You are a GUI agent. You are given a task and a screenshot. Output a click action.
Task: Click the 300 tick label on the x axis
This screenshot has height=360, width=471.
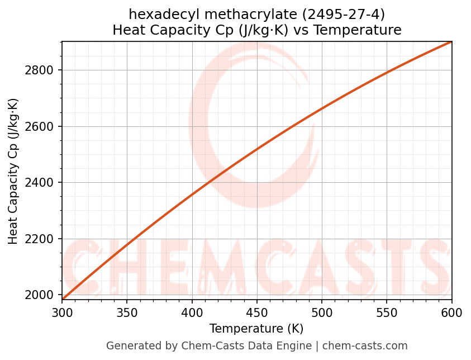[62, 314]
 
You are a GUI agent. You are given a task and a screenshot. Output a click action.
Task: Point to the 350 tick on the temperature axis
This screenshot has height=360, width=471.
[127, 314]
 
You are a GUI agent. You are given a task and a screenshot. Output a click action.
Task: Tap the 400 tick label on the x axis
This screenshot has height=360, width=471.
[192, 314]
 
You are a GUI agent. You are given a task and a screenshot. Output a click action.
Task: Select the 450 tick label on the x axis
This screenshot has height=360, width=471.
[257, 314]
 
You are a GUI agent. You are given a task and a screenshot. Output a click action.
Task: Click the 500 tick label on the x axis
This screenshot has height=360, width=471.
[322, 314]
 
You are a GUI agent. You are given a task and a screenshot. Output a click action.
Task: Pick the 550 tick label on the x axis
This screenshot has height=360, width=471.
[387, 314]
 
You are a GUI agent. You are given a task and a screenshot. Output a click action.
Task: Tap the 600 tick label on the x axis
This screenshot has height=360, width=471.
[451, 314]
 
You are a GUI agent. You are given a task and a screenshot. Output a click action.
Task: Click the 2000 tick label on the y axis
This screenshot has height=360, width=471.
[42, 295]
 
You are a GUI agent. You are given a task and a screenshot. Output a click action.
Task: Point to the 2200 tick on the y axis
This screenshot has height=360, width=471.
[42, 239]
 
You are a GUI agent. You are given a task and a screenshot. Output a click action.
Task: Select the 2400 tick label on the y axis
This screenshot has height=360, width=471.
[42, 183]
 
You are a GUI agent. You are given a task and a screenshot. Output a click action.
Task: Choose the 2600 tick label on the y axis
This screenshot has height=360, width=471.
[42, 126]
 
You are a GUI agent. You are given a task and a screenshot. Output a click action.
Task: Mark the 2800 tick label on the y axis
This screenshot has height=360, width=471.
[42, 70]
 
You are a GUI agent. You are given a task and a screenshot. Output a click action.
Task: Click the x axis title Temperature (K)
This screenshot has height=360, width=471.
[256, 329]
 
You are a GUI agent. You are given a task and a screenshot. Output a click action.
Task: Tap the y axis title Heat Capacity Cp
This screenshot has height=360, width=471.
[13, 171]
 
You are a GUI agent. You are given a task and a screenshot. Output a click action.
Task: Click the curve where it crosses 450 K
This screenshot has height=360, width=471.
[257, 149]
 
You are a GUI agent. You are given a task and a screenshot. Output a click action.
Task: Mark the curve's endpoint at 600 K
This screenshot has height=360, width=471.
[451, 42]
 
